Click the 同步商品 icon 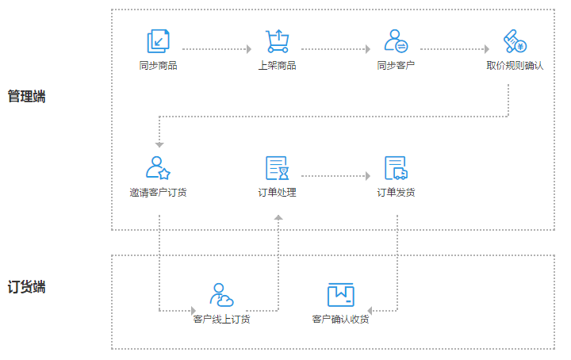point(159,41)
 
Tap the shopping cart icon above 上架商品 point(277,41)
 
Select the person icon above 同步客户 point(396,41)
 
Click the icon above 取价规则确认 point(515,41)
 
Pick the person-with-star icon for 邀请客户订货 point(159,167)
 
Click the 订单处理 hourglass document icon point(277,168)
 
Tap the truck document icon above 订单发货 point(396,168)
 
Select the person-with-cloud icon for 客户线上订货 point(221,295)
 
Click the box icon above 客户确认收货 point(341,295)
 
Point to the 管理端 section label point(27,97)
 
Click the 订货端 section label point(27,287)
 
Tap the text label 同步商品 point(159,65)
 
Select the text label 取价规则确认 point(515,65)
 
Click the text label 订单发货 point(396,192)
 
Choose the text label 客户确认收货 point(341,320)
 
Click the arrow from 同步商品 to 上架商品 point(217,49)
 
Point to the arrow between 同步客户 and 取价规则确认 point(454,49)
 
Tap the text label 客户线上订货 point(221,320)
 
